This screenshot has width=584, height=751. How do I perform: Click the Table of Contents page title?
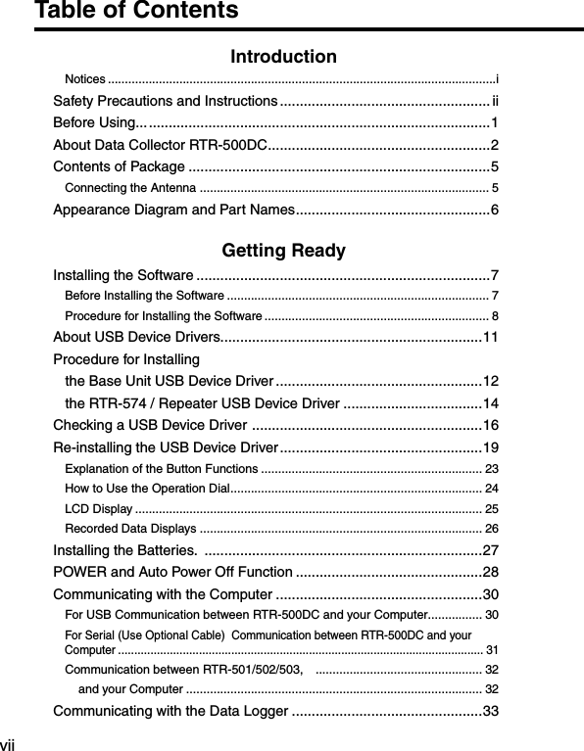coord(136,12)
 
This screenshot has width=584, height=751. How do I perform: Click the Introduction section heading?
coord(283,57)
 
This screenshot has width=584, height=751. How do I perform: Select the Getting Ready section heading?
coord(283,251)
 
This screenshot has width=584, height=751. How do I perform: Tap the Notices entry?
coord(85,78)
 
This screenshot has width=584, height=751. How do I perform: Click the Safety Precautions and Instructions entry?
coord(164,101)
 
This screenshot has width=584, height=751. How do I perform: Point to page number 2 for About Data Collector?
coord(495,145)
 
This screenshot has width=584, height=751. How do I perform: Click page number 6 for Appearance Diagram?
coord(495,210)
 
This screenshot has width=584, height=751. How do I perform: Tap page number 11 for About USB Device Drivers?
coord(491,338)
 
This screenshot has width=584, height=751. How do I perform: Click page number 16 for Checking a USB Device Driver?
coord(491,425)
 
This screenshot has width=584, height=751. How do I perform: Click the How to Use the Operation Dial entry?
coord(146,489)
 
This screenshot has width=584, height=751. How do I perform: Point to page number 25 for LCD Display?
coord(492,509)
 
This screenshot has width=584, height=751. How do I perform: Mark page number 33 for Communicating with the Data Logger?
coord(491,711)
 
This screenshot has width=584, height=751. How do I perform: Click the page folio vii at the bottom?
coord(8,744)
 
